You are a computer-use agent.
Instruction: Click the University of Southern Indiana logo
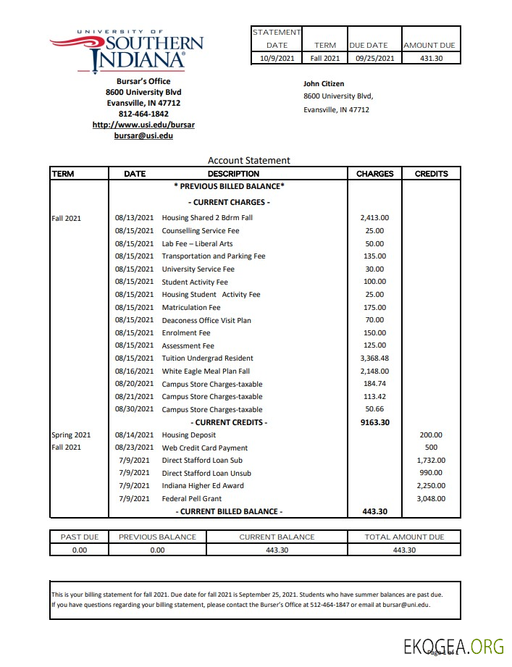(127, 51)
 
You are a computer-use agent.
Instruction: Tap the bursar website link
(143, 125)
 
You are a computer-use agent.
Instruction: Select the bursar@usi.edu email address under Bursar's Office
(143, 135)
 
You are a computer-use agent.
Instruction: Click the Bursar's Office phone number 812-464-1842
(143, 114)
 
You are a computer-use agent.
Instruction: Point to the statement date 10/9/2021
(277, 58)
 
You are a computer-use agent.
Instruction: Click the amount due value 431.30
(431, 58)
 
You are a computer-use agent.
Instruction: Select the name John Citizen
(324, 84)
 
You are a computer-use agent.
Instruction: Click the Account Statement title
(248, 161)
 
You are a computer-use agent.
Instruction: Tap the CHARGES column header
(374, 174)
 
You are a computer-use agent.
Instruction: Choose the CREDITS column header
(431, 174)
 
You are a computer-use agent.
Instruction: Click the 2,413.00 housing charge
(374, 217)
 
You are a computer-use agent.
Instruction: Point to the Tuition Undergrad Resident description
(207, 358)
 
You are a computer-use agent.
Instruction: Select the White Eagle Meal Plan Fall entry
(206, 371)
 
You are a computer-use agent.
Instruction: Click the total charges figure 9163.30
(374, 422)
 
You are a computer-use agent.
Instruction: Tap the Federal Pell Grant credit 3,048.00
(431, 498)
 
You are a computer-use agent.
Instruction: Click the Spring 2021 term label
(71, 435)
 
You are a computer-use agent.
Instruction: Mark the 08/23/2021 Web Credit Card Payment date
(134, 448)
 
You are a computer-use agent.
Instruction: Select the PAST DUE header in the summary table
(80, 537)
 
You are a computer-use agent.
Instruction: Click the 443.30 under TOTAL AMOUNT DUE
(404, 550)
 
